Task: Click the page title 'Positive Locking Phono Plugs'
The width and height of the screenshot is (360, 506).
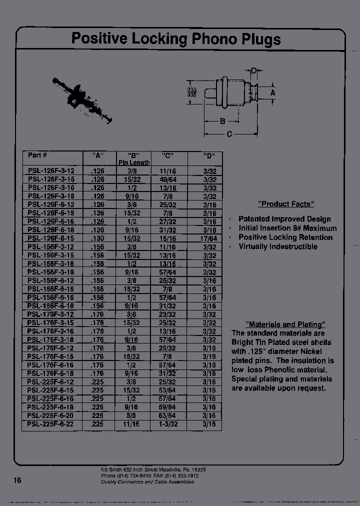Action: (175, 39)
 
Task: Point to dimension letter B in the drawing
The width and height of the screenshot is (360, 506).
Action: (222, 120)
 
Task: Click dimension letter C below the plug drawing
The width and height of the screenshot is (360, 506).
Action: (229, 133)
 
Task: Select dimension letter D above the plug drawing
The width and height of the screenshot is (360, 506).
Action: (253, 71)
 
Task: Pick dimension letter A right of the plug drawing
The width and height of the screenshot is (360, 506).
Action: (272, 92)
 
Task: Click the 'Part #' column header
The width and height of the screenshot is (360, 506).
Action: (37, 155)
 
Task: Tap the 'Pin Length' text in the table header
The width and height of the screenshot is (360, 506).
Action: (134, 162)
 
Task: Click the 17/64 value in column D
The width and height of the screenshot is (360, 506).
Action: (210, 238)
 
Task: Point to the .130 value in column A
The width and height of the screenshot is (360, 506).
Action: (98, 238)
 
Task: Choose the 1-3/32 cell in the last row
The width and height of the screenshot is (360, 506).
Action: (170, 423)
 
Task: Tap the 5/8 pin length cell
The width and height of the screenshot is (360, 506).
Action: (134, 415)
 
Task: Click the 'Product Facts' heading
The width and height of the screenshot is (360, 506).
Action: (285, 204)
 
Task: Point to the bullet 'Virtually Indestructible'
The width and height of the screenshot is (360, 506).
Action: (277, 246)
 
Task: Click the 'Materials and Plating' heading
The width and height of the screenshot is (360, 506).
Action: (285, 324)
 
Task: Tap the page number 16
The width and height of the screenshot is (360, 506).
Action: (17, 480)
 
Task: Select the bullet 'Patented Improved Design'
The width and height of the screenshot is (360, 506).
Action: (284, 219)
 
